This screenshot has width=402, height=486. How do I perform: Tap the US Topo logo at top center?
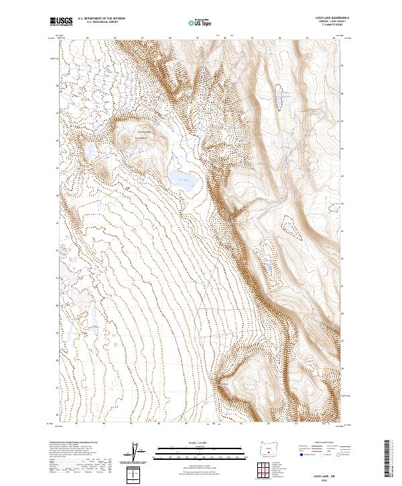tap(202, 22)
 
